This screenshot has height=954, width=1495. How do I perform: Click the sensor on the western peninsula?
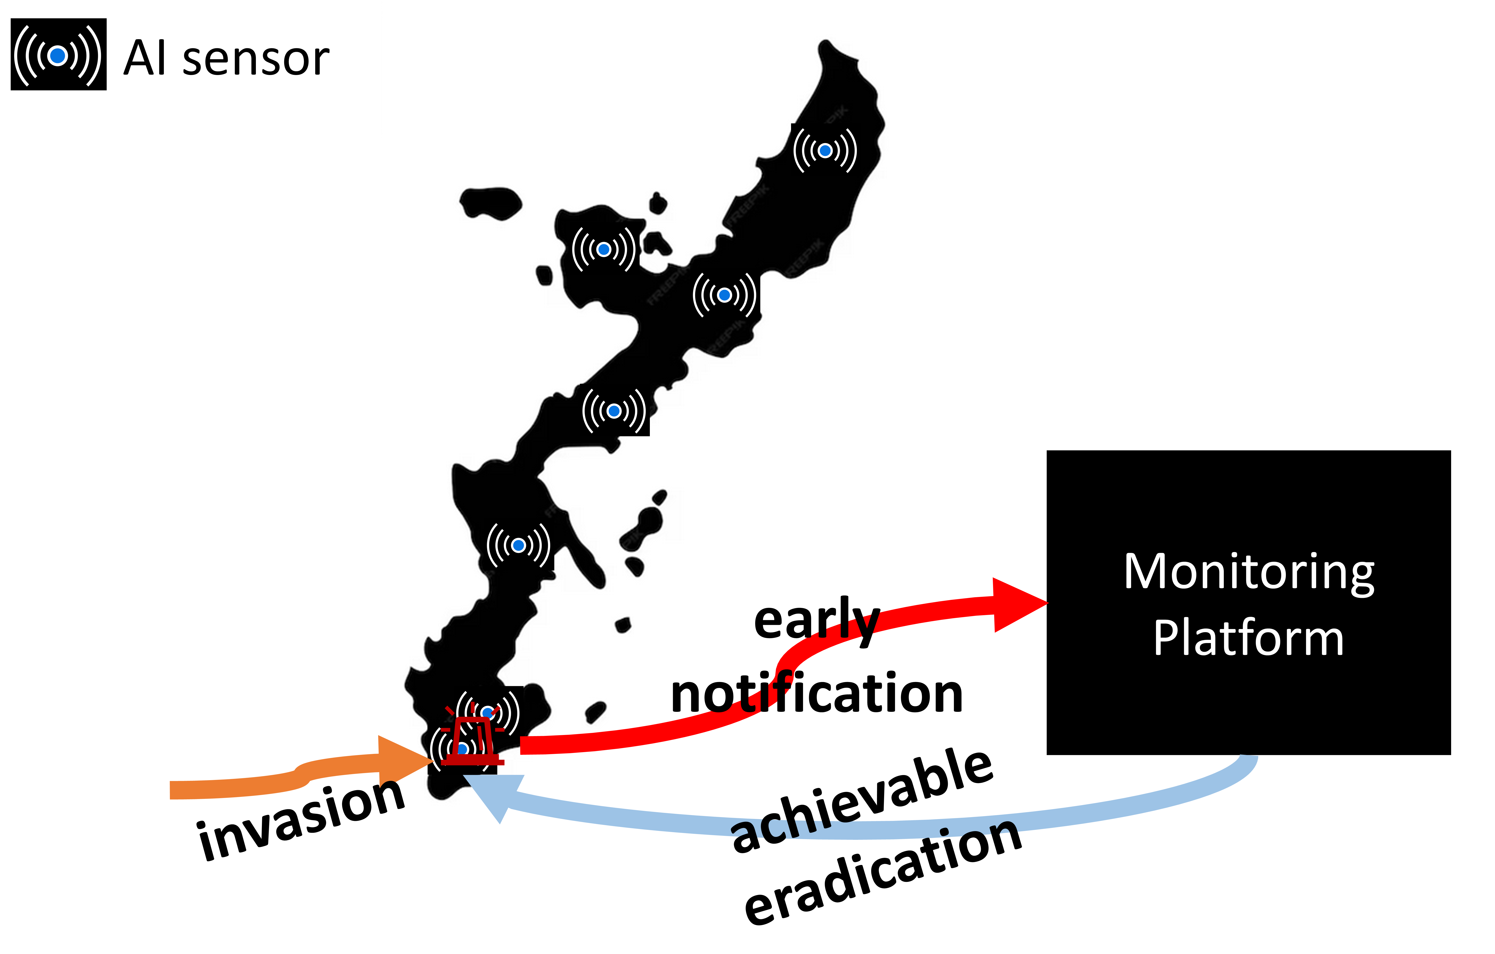pyautogui.click(x=604, y=250)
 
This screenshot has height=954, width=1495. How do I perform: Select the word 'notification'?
pyautogui.click(x=816, y=694)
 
